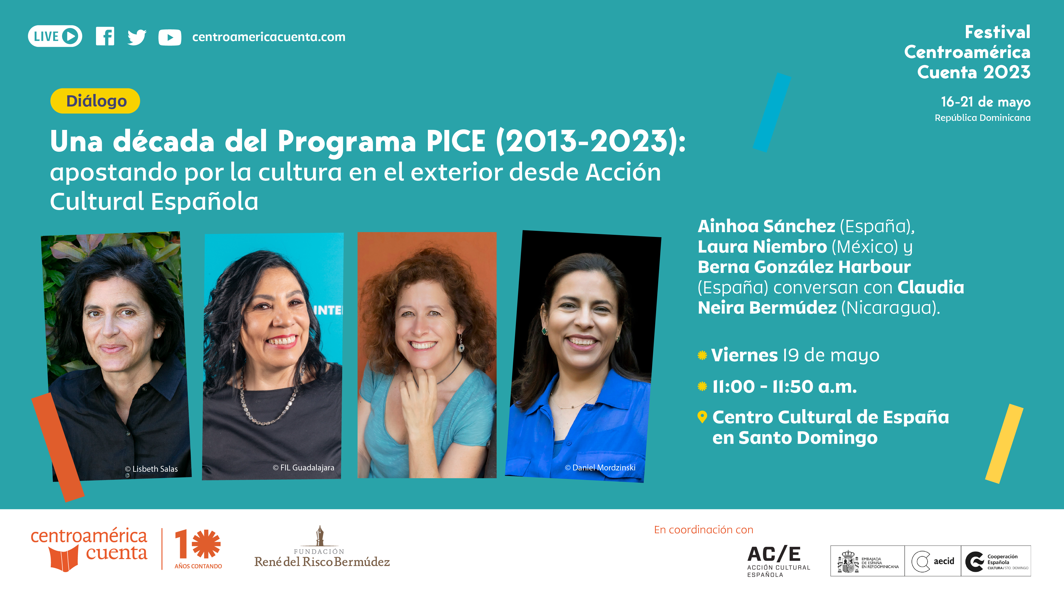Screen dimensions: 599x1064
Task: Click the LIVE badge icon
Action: click(x=55, y=36)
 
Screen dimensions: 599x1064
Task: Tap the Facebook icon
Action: click(x=105, y=36)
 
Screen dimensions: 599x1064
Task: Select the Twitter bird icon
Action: click(x=137, y=37)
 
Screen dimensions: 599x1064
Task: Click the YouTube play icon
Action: click(x=170, y=37)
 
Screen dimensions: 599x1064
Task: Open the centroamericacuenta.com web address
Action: click(x=269, y=37)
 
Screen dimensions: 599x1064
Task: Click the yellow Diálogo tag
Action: click(x=95, y=101)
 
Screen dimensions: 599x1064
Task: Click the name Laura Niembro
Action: click(x=762, y=247)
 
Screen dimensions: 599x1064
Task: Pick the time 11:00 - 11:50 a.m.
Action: click(x=784, y=387)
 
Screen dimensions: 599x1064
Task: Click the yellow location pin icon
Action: click(x=702, y=417)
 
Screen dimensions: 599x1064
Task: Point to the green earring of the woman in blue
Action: click(x=544, y=331)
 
